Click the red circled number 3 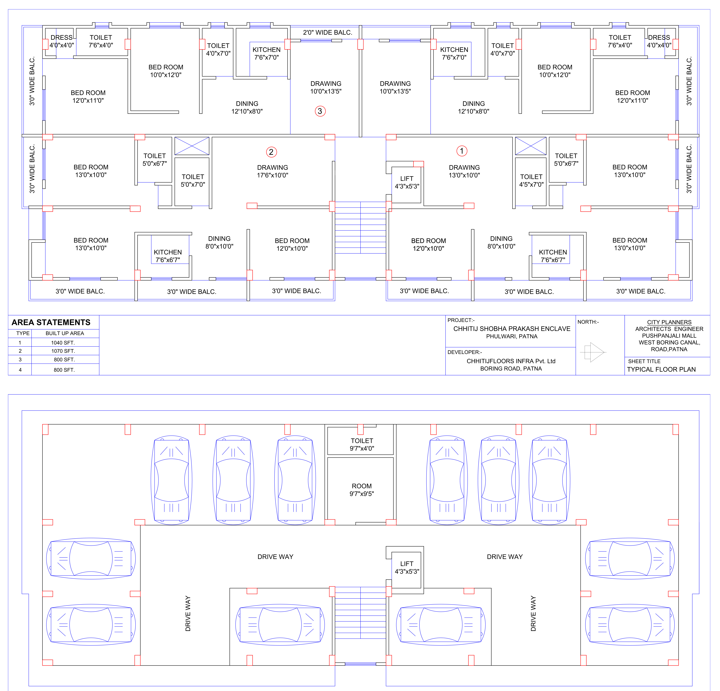click(x=320, y=111)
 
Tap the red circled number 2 click(x=271, y=152)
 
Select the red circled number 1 click(x=462, y=151)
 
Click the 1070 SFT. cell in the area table click(x=63, y=351)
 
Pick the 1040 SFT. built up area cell click(x=63, y=343)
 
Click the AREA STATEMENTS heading click(x=51, y=322)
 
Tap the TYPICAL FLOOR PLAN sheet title click(x=661, y=369)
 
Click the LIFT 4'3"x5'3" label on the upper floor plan click(x=407, y=182)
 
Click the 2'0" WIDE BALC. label click(x=327, y=32)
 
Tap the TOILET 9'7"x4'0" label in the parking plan click(x=362, y=444)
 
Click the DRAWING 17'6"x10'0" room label click(x=273, y=171)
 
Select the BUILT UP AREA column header click(x=65, y=333)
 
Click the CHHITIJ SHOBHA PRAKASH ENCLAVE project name click(x=512, y=329)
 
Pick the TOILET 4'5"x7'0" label click(x=531, y=180)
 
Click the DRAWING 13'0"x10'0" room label click(x=464, y=171)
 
